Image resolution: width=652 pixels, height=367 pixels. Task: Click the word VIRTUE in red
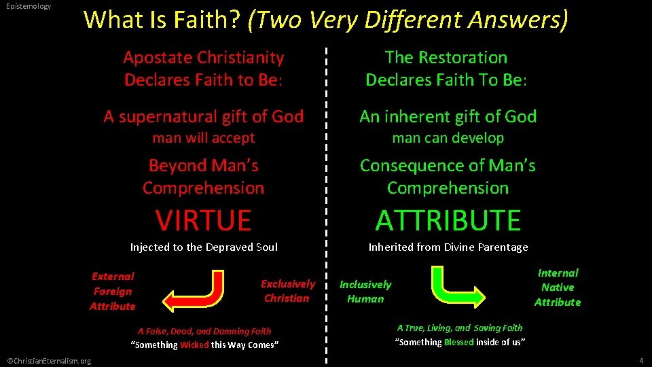coord(203,220)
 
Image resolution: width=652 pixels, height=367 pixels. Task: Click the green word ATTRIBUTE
coord(448,220)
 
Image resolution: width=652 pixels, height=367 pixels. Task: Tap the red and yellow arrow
coord(197,291)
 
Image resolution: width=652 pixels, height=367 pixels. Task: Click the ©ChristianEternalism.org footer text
coord(48,360)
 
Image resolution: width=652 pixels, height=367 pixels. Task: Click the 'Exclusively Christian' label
coord(287,291)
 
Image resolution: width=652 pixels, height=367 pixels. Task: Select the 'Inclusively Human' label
coord(365,292)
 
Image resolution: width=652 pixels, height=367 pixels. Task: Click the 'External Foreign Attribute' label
coord(113,291)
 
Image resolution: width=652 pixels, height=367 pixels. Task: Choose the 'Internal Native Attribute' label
coord(558,287)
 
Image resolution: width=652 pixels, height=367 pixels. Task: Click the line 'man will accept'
coord(203,138)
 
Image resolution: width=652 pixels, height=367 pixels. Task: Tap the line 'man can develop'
coord(448,138)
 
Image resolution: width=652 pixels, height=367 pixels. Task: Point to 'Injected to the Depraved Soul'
coord(204,247)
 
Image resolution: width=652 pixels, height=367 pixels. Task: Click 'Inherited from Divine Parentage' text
coord(448,247)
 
